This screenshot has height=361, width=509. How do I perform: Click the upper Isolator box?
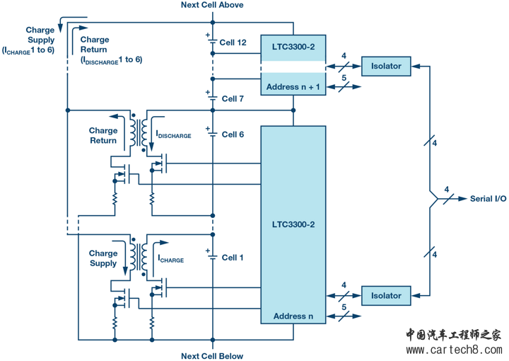point(386,67)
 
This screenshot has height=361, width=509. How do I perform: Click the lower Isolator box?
point(386,296)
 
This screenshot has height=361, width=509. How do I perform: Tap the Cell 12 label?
point(233,42)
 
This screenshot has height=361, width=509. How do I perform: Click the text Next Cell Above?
point(212,6)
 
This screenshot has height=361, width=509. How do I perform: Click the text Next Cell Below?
point(212,356)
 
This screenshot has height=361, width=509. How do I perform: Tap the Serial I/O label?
point(488,199)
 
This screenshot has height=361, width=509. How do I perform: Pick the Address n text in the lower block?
point(293,316)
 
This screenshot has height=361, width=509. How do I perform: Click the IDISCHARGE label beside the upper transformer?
point(174,135)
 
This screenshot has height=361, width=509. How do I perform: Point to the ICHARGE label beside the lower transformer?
point(170,260)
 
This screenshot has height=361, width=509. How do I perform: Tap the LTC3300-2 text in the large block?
point(293,224)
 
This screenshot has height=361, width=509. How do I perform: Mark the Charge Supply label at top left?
point(40,35)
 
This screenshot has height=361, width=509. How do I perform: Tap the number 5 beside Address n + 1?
point(344,79)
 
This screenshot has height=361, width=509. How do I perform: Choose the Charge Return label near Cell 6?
point(103,135)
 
